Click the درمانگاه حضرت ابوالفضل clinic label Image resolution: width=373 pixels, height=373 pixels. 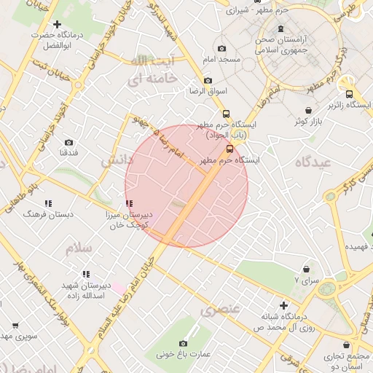coord(55,40)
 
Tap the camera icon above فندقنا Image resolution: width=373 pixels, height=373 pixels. coord(68,143)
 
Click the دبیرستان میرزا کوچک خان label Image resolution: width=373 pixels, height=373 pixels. coord(128,221)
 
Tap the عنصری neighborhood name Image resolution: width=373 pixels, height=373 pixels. coord(220,309)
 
